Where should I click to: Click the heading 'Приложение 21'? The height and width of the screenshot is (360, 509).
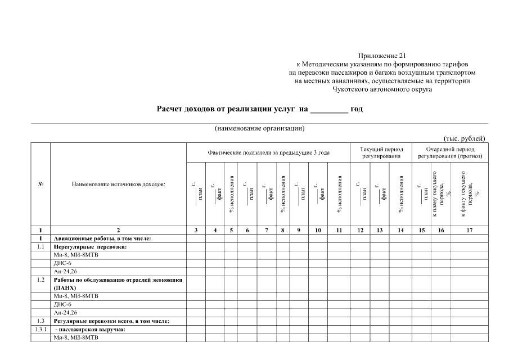coord(381,56)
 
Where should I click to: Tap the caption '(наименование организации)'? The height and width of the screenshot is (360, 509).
coord(259,128)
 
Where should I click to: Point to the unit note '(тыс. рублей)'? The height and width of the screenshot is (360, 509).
coord(465,139)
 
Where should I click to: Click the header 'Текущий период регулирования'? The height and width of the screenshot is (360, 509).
coord(382,152)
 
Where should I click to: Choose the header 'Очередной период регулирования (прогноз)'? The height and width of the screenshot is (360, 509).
coord(450,152)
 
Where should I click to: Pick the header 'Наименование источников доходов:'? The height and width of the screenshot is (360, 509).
coord(118,184)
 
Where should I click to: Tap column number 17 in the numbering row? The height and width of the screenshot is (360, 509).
coord(469,231)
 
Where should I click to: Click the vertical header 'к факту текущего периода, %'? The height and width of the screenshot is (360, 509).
coord(469,194)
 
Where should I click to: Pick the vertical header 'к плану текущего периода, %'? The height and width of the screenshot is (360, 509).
coord(440,194)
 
